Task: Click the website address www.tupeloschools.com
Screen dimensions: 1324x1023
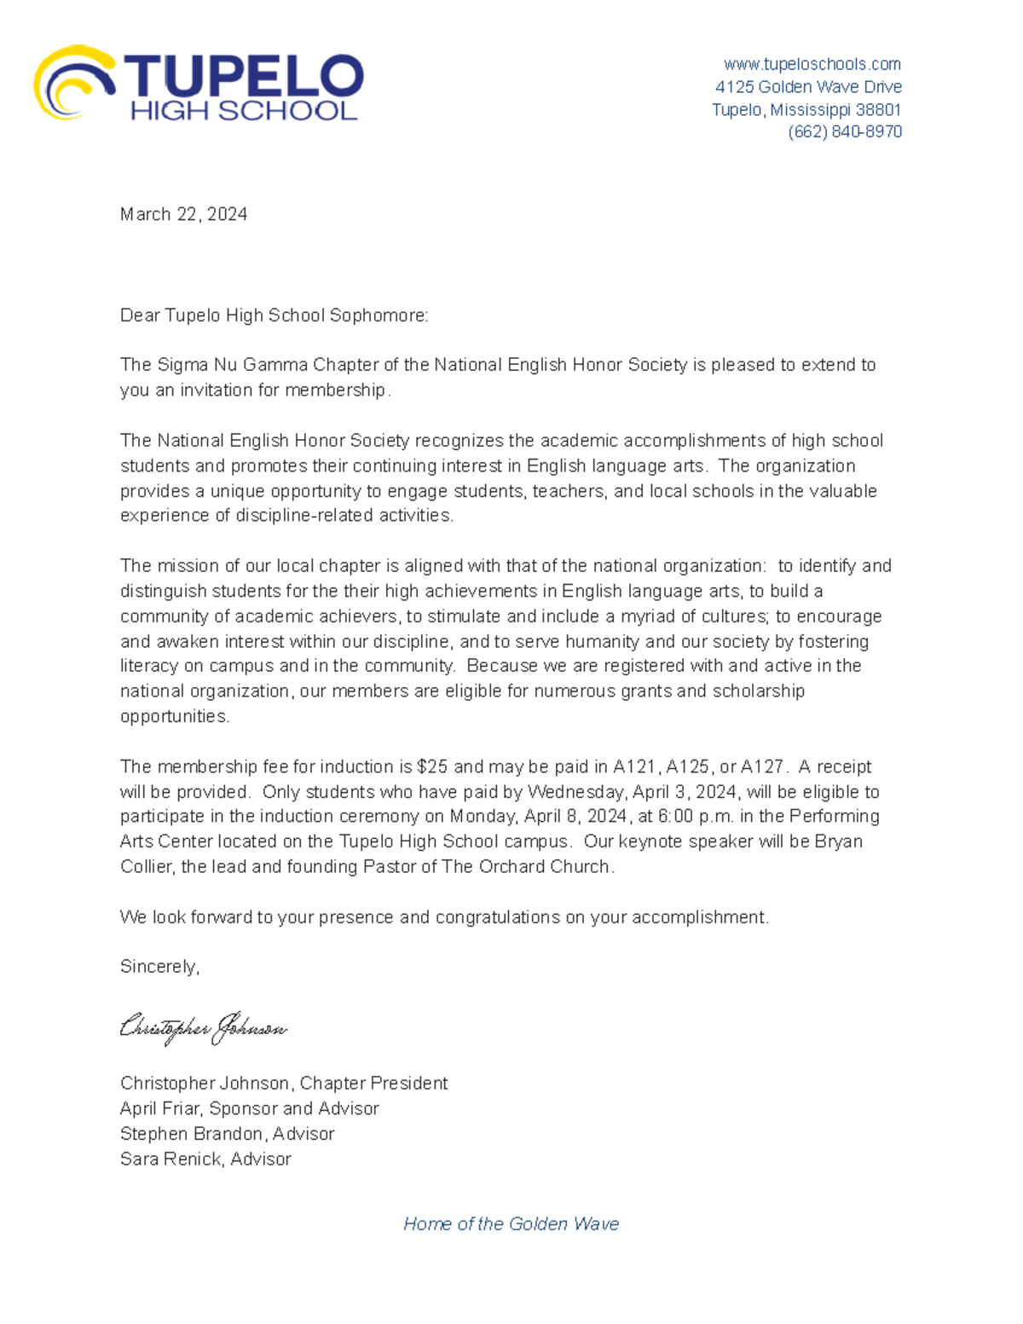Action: click(x=812, y=64)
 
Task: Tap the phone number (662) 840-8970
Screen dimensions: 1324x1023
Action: click(x=844, y=131)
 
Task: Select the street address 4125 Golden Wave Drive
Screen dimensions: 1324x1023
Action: click(x=807, y=87)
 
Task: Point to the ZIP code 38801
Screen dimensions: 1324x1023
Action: click(x=878, y=110)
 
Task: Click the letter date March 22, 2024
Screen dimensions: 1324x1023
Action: click(x=183, y=214)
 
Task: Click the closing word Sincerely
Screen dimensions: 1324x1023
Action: click(x=159, y=967)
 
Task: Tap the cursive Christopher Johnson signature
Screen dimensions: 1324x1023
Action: click(x=203, y=1028)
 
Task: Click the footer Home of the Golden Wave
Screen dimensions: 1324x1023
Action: click(x=511, y=1224)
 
